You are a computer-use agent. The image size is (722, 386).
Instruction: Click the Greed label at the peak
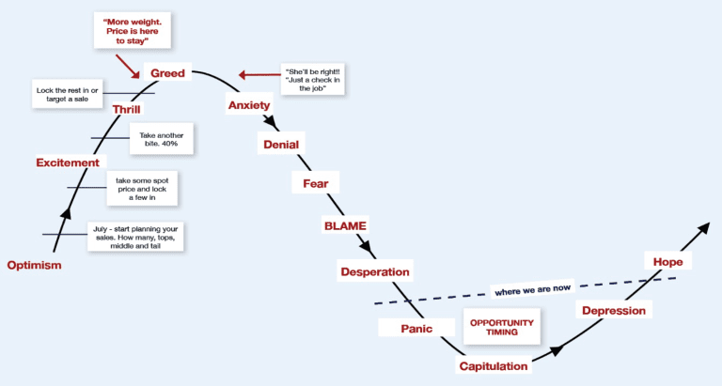[167, 73]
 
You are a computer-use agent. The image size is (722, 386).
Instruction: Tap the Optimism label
[34, 265]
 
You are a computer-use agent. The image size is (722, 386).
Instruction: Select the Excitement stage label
[68, 162]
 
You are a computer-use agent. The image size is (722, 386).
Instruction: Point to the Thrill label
[127, 109]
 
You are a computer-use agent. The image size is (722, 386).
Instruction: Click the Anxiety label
[249, 105]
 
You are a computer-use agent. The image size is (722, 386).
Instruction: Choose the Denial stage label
[281, 145]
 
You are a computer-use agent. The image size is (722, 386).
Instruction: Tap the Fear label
[316, 183]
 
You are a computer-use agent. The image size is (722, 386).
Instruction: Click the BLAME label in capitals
[345, 226]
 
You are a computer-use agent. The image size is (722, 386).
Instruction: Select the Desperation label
[375, 271]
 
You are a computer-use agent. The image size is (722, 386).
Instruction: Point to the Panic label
[416, 329]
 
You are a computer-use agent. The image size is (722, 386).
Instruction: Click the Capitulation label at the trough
[494, 366]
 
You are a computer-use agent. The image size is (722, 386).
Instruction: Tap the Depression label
[614, 311]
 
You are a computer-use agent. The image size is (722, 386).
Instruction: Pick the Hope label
[667, 262]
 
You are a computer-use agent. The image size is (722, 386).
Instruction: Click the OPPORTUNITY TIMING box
[501, 327]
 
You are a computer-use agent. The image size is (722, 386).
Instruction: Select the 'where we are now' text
[533, 290]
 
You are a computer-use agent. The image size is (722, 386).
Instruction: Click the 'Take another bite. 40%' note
[161, 139]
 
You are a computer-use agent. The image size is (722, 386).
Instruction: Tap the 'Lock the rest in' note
[68, 94]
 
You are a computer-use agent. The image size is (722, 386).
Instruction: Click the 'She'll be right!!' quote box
[313, 80]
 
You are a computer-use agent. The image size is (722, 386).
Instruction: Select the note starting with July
[135, 237]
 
